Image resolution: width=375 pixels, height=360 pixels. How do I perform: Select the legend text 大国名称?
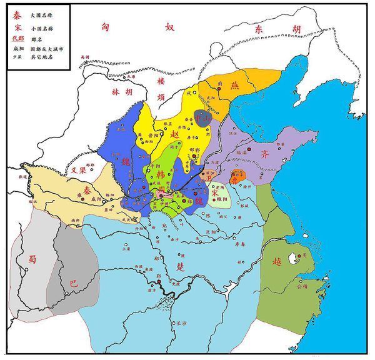(x=42, y=11)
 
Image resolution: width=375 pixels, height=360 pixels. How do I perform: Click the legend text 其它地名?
(x=42, y=57)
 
